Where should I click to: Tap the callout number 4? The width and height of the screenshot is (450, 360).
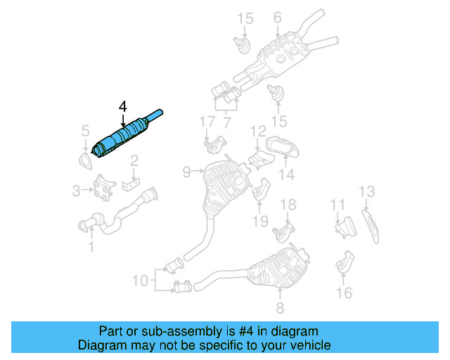point(122,106)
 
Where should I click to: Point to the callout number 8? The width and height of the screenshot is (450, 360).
point(279,307)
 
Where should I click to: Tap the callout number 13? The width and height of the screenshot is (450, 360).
point(367,191)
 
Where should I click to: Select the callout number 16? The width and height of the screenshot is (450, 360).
point(344,292)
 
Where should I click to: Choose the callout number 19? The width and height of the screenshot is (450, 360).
point(261,221)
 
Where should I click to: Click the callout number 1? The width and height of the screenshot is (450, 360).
point(91,246)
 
